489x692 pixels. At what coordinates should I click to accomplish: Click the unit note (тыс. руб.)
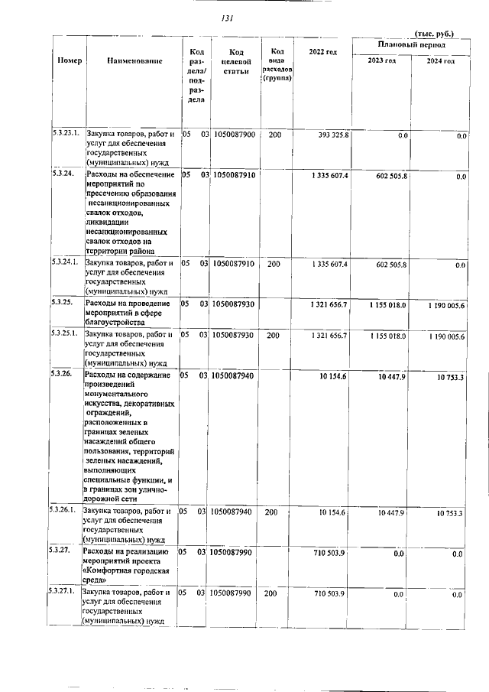pyautogui.click(x=433, y=34)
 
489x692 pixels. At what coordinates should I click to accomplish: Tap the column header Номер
pyautogui.click(x=70, y=60)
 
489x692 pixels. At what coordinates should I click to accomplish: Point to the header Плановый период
pyautogui.click(x=408, y=47)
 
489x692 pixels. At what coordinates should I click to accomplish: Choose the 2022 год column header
pyautogui.click(x=322, y=51)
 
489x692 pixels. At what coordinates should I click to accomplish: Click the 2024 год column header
pyautogui.click(x=441, y=61)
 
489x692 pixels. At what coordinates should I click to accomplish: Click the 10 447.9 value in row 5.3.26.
pyautogui.click(x=395, y=376)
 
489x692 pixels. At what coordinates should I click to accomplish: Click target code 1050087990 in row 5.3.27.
pyautogui.click(x=235, y=551)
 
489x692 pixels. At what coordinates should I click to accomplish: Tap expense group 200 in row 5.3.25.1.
pyautogui.click(x=271, y=334)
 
